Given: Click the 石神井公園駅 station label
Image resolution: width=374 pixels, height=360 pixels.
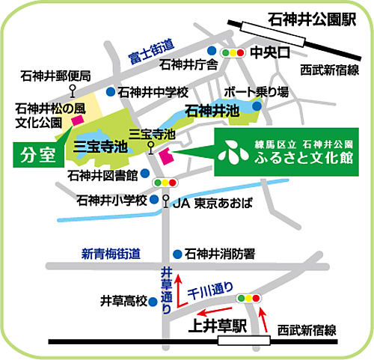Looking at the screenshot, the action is [312, 19].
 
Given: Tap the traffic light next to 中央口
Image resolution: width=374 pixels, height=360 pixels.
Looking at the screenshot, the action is [233, 52].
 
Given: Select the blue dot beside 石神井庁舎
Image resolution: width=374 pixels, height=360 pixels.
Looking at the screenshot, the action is [212, 51].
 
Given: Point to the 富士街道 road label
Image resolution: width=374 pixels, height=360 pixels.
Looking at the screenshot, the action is [151, 52].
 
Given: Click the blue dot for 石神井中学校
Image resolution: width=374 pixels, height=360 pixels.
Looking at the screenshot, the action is [111, 92].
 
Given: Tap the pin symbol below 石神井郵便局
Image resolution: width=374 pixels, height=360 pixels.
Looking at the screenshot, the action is [73, 91].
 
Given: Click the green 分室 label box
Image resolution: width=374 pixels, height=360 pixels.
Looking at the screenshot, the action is [38, 155].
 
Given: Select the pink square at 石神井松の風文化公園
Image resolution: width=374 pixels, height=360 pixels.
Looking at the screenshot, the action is [78, 120].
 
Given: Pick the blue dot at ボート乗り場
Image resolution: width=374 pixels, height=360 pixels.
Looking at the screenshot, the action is [257, 106].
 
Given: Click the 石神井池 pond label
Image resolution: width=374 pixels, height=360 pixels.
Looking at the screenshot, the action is [212, 111].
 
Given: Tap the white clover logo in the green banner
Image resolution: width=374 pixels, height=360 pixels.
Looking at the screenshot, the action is [233, 153].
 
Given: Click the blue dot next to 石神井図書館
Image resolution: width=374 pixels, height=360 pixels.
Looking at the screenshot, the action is [145, 173].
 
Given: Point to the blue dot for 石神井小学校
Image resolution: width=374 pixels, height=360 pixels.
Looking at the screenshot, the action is [154, 199].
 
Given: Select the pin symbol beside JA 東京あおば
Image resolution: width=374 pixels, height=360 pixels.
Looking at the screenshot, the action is [166, 201].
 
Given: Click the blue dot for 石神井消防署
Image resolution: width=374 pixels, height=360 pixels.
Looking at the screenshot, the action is [177, 254].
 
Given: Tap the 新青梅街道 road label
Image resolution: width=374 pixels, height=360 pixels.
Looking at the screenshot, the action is [111, 254].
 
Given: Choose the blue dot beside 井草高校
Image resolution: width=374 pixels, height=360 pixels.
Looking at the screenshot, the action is [153, 302].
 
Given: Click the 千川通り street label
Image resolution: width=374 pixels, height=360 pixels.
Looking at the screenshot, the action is [210, 290].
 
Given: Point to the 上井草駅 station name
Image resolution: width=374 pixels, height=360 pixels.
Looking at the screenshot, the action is [218, 326].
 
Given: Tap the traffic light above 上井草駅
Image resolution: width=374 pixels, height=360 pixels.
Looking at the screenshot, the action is [248, 298].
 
